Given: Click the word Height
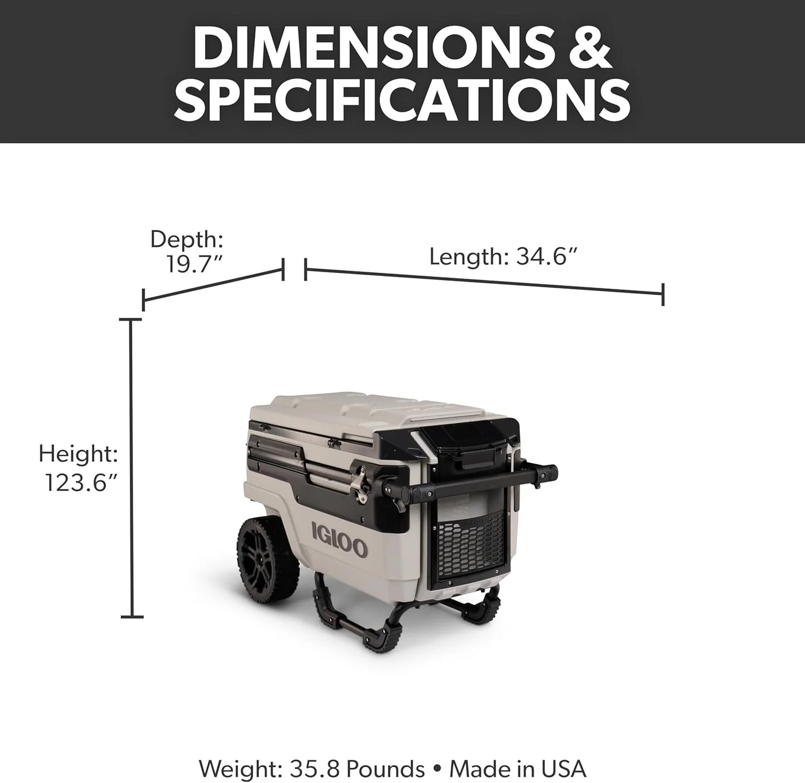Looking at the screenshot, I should pos(78,454).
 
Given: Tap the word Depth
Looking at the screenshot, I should pos(187,239).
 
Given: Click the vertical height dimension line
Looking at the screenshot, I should pos(131,467).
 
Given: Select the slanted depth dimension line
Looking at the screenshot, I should pos(213,285).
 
